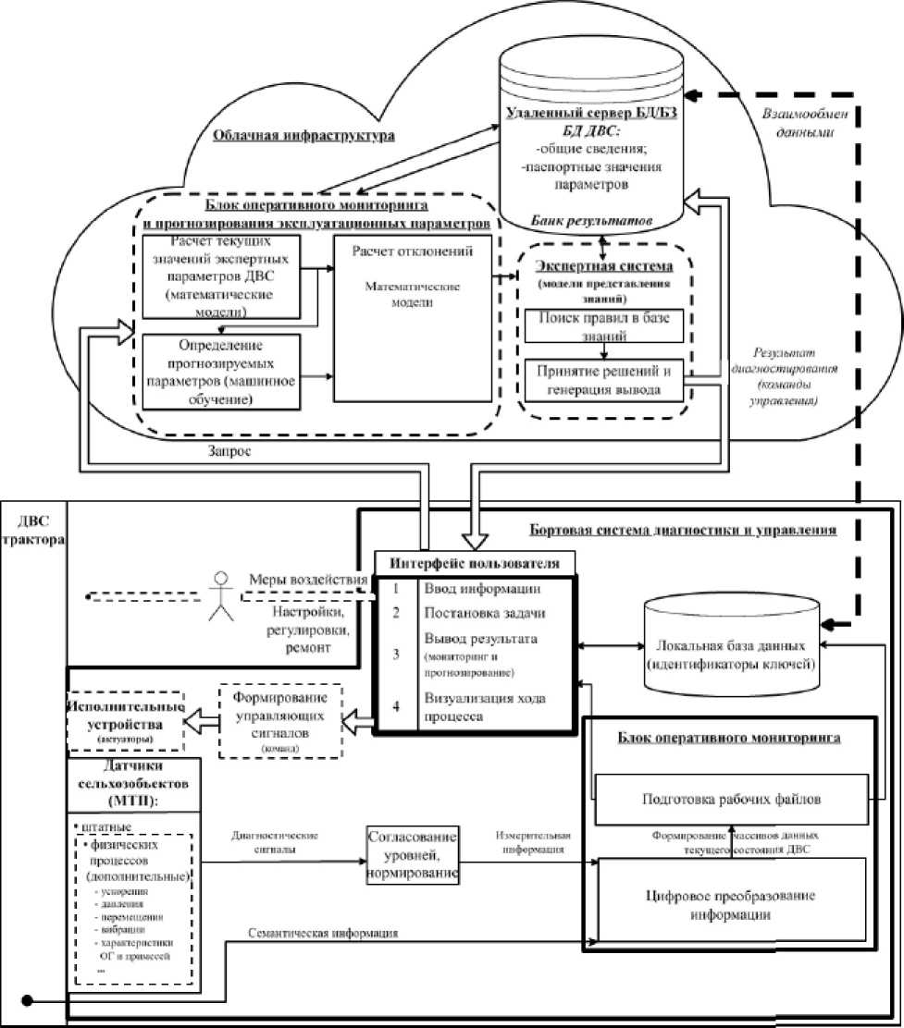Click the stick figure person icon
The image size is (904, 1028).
click(220, 595)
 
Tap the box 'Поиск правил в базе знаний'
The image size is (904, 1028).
click(603, 325)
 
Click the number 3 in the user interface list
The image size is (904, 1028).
click(395, 654)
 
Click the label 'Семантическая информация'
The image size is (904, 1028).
click(323, 934)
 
